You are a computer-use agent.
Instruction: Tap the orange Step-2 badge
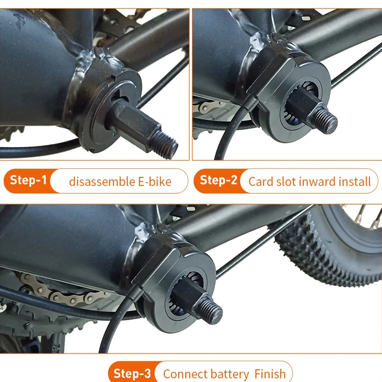[219, 181]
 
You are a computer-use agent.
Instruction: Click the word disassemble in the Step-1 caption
[102, 182]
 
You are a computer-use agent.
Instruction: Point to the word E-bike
[155, 182]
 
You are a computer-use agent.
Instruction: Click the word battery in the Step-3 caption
[229, 374]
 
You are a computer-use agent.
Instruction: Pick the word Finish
[270, 374]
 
